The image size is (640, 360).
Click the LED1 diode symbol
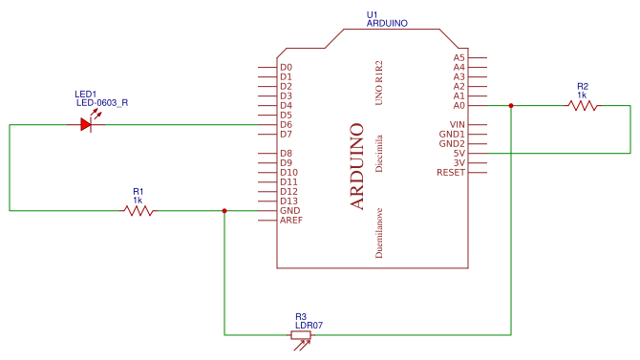(x=86, y=124)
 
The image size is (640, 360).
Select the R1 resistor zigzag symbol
(x=139, y=211)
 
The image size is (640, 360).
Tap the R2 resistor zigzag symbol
(x=583, y=106)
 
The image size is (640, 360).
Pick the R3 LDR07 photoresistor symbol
(x=301, y=335)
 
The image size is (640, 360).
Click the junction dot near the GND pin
(x=224, y=211)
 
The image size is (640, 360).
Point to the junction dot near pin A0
(x=511, y=106)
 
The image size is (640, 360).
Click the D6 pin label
(x=287, y=124)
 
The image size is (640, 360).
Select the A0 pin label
(x=459, y=106)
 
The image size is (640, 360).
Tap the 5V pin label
(x=459, y=154)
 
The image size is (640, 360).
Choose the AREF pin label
(x=291, y=221)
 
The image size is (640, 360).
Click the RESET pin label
(x=451, y=173)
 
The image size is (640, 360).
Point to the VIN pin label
(x=458, y=124)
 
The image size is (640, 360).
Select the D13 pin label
(x=289, y=201)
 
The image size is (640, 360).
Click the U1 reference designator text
(x=372, y=15)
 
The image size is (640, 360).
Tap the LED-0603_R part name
(x=102, y=103)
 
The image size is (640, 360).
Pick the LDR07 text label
(x=309, y=326)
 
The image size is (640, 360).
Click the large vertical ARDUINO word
(x=356, y=166)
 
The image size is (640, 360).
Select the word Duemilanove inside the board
(x=379, y=233)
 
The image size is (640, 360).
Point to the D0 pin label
(x=287, y=68)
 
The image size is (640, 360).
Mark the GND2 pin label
(x=452, y=143)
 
